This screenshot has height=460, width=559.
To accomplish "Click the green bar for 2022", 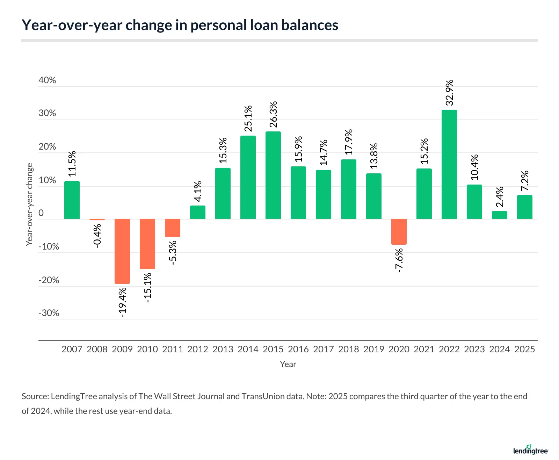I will tap(449, 164).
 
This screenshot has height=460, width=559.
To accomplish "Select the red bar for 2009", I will tap(122, 251).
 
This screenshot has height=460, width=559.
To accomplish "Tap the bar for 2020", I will tap(399, 231).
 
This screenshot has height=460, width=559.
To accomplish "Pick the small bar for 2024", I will tap(499, 215).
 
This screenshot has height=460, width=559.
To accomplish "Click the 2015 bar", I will tap(273, 175).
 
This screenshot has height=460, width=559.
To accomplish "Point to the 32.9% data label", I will tap(449, 93).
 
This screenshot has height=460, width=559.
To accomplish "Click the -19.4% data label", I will tap(122, 302).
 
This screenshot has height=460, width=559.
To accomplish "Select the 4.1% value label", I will tap(198, 191).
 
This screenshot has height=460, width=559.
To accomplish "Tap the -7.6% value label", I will tap(399, 260).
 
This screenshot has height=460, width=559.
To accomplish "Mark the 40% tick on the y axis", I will tap(47, 80).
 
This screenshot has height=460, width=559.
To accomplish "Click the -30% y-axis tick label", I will tap(49, 313).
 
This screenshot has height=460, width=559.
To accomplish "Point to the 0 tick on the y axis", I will tap(41, 213).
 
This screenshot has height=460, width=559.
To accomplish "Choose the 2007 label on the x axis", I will tap(72, 349).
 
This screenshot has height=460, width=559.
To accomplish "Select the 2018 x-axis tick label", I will tap(348, 349).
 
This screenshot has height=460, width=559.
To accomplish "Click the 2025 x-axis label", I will tap(524, 349).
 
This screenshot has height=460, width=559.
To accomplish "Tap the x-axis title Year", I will tap(288, 364).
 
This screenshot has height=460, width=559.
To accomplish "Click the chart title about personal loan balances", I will tap(180, 25).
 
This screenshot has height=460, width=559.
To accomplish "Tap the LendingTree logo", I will tap(530, 450).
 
